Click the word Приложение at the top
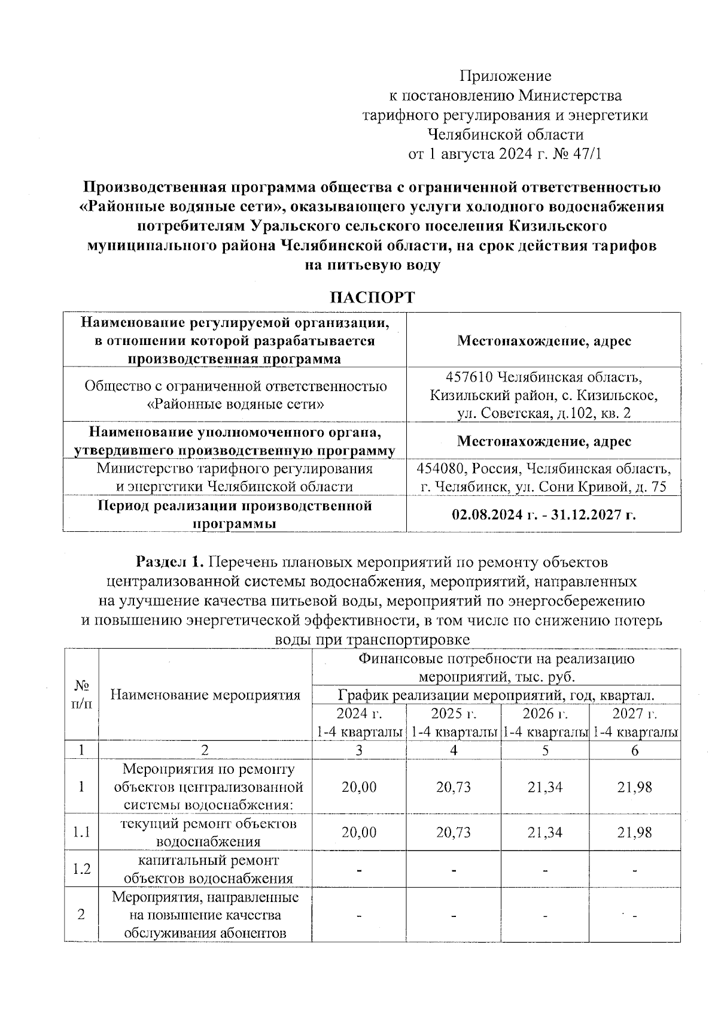point(505,76)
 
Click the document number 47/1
point(587,154)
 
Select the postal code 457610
point(470,378)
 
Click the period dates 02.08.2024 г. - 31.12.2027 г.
point(543,514)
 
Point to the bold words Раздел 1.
point(170,562)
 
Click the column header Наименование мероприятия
point(205,695)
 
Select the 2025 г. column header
point(454,713)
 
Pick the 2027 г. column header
point(635,713)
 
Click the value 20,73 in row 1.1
point(454,832)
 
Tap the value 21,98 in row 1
point(635,786)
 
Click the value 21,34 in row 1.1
point(545,832)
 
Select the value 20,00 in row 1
point(359,786)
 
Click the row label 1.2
point(81,868)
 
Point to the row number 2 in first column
point(81,915)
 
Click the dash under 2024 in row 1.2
point(359,870)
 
